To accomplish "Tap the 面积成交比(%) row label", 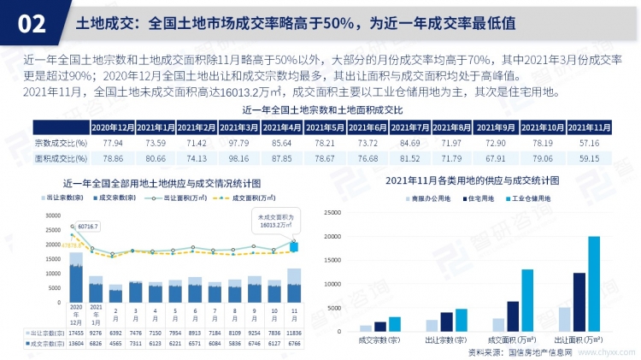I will tap(60, 157).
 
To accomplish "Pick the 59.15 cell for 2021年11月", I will tap(589, 157).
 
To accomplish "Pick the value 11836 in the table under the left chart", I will tap(294, 333).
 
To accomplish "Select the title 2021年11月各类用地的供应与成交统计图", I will tap(472, 181).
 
